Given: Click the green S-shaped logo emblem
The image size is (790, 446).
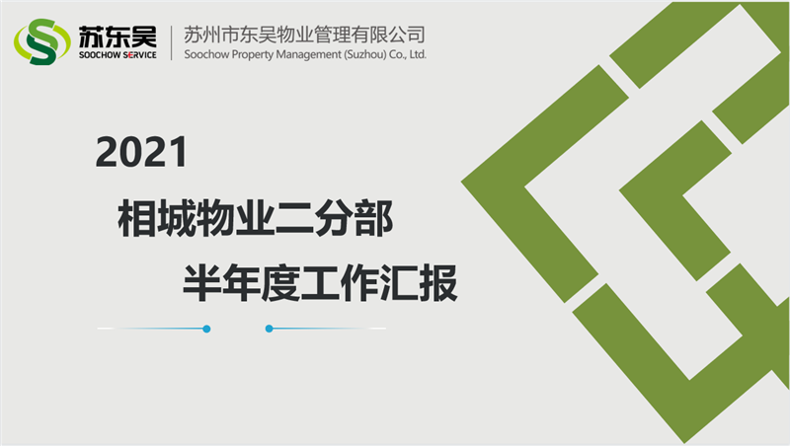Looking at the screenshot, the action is click(x=42, y=41).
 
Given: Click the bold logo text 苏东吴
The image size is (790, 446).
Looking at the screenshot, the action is click(x=118, y=37).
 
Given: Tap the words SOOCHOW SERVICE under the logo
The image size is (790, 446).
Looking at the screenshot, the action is click(x=118, y=55).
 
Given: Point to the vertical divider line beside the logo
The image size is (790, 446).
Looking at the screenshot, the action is click(x=171, y=42).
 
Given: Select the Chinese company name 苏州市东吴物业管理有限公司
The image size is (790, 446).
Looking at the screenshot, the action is click(x=304, y=35).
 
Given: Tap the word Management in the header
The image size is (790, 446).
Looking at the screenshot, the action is click(x=308, y=55).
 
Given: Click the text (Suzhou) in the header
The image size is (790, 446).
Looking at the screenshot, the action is click(x=365, y=54).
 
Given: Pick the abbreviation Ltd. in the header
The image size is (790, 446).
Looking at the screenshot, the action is click(x=418, y=54).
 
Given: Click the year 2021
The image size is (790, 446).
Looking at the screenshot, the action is click(x=141, y=152).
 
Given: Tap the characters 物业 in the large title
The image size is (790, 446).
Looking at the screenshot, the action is click(x=235, y=218).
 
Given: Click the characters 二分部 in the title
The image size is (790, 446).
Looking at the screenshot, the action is click(x=335, y=218).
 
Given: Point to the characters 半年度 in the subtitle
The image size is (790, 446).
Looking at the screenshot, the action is click(x=241, y=283).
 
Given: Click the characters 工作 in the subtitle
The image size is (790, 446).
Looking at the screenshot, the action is click(x=340, y=283).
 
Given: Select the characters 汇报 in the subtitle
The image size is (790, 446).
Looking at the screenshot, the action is click(x=419, y=283).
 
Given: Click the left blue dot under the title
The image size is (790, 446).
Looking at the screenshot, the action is click(x=206, y=329).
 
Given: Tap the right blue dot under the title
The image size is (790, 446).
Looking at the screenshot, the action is click(x=269, y=329).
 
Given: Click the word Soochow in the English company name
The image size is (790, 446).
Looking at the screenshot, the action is click(x=206, y=54).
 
